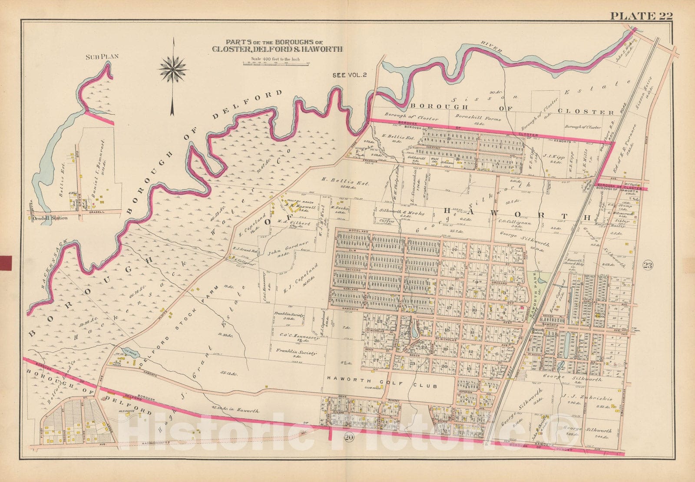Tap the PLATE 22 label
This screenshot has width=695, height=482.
coord(641,17)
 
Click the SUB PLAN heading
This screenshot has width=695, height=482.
coord(96,56)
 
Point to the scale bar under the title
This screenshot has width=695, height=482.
coord(275,64)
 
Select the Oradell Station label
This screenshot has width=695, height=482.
coord(50,218)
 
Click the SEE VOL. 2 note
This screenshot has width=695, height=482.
coord(350,75)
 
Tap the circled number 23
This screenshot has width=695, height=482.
coord(647,266)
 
